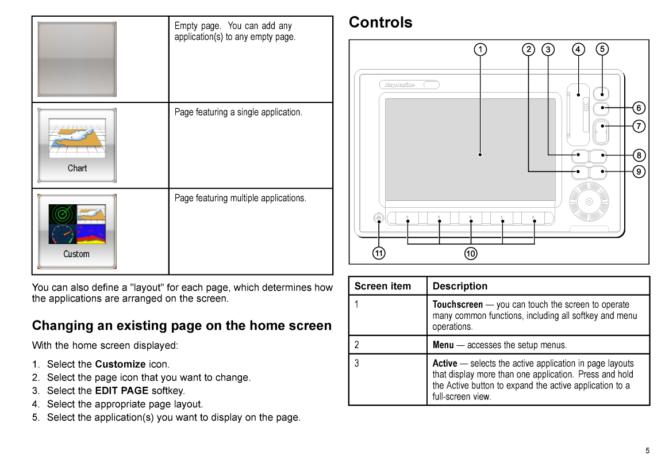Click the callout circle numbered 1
pyautogui.click(x=480, y=49)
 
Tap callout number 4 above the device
pyautogui.click(x=578, y=49)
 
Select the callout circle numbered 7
pyautogui.click(x=639, y=127)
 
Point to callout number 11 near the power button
pyautogui.click(x=379, y=253)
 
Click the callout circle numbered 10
pyautogui.click(x=471, y=254)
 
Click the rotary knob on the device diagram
pyautogui.click(x=589, y=201)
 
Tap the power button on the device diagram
pyautogui.click(x=379, y=218)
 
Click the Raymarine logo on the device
pyautogui.click(x=399, y=85)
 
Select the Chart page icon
pyautogui.click(x=77, y=145)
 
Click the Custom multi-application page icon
pyautogui.click(x=77, y=231)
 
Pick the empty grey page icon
pyautogui.click(x=77, y=59)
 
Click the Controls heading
pyautogui.click(x=380, y=22)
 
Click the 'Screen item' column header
pyautogui.click(x=383, y=286)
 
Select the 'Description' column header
pyautogui.click(x=460, y=286)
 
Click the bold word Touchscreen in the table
pyautogui.click(x=458, y=304)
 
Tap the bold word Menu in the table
pyautogui.click(x=443, y=345)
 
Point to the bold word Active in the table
pyautogui.click(x=445, y=363)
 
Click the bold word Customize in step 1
pyautogui.click(x=121, y=364)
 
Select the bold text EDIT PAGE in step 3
pyautogui.click(x=122, y=391)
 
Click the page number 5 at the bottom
pyautogui.click(x=647, y=451)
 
